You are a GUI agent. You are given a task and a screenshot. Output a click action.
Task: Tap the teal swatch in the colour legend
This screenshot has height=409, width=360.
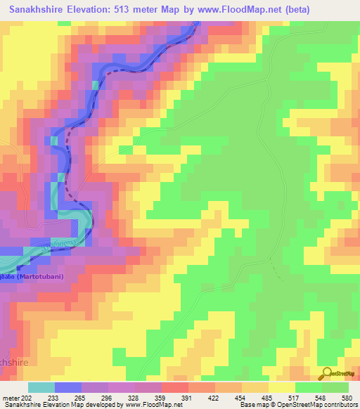click(41, 387)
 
